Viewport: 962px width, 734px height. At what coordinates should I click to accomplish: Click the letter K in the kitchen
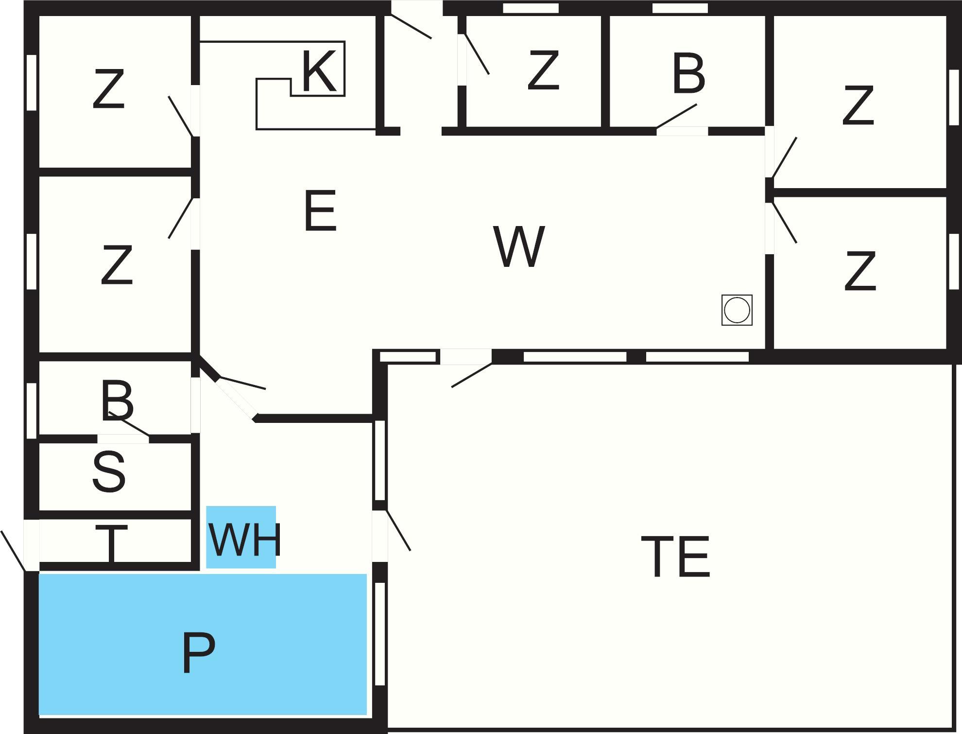319,72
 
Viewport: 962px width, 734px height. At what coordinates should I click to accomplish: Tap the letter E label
320,211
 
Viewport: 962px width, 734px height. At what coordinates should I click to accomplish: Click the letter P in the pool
199,653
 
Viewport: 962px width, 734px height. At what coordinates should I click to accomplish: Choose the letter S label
109,472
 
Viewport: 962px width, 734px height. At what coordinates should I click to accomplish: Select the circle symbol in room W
737,310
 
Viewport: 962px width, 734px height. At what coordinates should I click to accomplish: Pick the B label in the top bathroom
689,74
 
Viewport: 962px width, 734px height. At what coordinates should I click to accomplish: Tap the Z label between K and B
543,71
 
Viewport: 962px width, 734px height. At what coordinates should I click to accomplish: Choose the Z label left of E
117,265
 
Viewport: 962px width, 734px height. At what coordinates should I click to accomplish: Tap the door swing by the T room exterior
13,551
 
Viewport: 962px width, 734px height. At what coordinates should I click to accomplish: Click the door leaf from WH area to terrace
398,530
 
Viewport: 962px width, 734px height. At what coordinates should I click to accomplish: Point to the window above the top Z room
531,8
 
